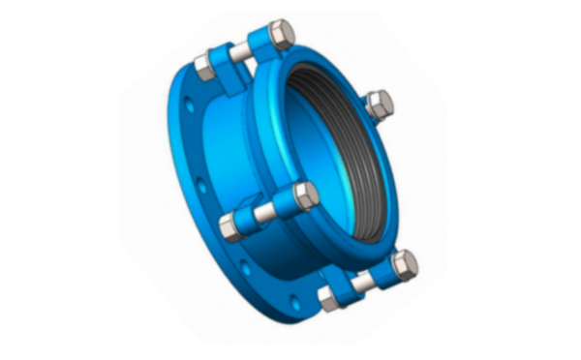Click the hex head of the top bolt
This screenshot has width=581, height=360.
[280, 35]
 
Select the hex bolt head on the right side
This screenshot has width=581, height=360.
[380, 104]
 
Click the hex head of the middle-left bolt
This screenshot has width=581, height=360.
[305, 196]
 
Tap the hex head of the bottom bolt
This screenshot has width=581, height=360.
[405, 263]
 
